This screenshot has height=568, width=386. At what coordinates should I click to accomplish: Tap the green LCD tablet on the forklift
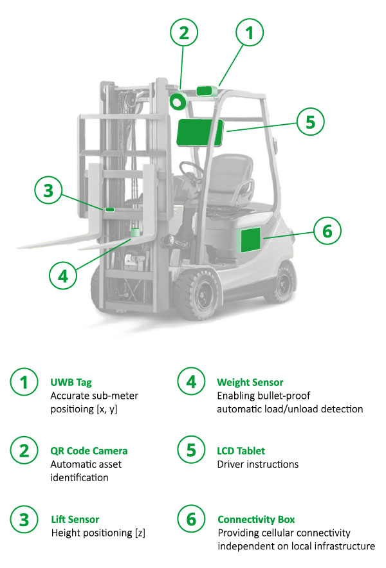(x=199, y=133)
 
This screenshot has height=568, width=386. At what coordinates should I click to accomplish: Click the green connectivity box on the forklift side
(x=250, y=239)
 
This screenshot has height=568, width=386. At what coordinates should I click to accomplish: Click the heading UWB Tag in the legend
(x=71, y=383)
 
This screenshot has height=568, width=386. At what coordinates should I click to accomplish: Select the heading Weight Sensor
(x=250, y=382)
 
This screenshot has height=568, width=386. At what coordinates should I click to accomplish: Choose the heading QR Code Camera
(x=89, y=451)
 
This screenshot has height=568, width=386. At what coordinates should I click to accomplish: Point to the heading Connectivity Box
(x=256, y=520)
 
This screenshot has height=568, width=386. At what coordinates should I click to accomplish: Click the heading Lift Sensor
(x=75, y=520)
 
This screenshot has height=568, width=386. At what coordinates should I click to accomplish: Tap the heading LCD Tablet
(x=241, y=451)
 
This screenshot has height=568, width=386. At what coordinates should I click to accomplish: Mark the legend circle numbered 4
(x=191, y=381)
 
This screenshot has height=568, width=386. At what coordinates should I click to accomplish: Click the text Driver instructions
(x=258, y=464)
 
